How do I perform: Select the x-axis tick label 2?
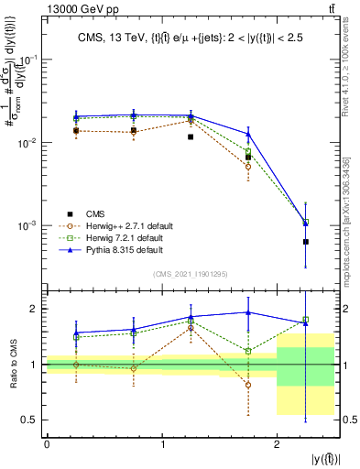[277, 445]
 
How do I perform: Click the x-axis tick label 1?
[162, 445]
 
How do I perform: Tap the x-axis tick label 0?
[47, 445]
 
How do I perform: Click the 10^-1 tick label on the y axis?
[27, 60]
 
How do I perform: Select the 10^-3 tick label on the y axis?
[27, 225]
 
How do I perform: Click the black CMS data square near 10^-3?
[305, 242]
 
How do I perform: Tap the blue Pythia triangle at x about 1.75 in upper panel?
[248, 134]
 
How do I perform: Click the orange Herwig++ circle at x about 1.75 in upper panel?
[248, 167]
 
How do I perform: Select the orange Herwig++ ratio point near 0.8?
[248, 385]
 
